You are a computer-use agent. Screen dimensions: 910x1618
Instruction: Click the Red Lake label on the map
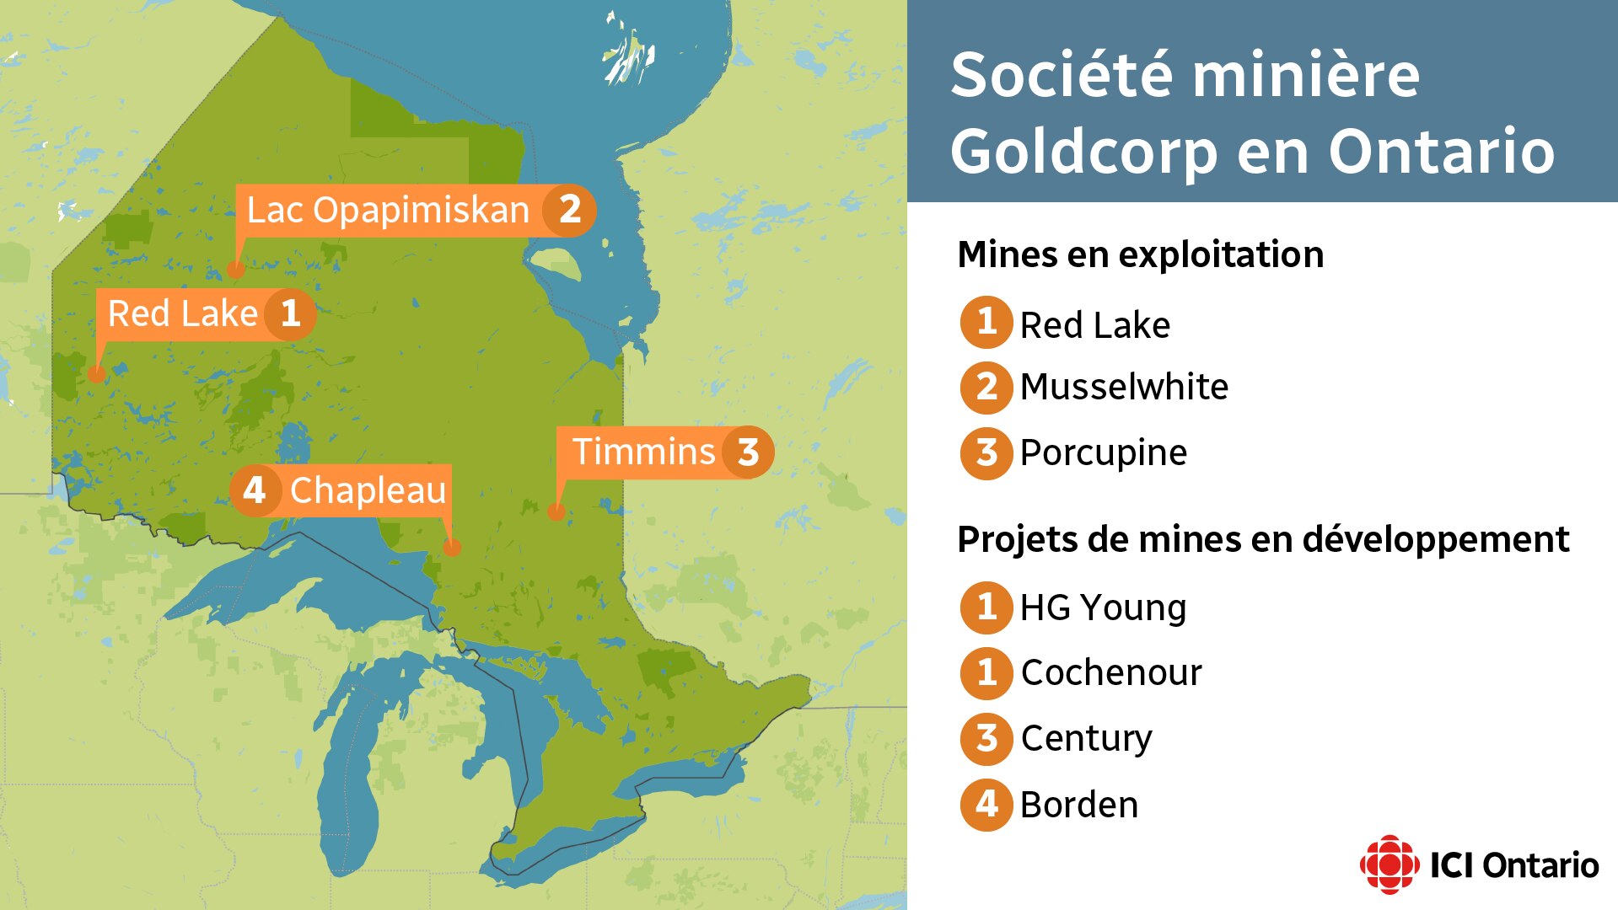183,314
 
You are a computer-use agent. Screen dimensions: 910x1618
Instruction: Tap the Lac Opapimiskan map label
388,211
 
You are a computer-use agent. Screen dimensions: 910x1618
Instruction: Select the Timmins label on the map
643,452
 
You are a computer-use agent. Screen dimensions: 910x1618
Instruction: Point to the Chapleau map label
368,490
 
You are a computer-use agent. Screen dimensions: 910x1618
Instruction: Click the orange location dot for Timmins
556,511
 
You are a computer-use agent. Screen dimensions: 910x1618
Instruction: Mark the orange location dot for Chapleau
452,548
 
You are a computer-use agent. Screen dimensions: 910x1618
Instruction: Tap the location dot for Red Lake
97,374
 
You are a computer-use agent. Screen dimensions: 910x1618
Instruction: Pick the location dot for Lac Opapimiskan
236,270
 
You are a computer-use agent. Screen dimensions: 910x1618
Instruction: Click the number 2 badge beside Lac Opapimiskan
570,210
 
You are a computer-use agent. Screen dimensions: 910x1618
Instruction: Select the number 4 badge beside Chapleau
254,490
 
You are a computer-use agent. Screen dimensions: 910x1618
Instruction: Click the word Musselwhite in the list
1124,388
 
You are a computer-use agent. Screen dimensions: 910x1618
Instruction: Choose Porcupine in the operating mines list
1103,453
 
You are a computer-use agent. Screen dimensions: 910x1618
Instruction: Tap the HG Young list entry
1103,608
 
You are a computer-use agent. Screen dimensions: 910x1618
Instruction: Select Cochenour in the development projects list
1111,673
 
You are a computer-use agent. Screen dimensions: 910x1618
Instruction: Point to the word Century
1086,739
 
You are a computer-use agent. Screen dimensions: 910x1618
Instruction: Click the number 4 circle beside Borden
986,805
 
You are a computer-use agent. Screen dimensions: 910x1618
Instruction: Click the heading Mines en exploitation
1140,254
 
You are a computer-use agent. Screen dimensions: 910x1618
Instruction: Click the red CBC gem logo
1389,864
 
